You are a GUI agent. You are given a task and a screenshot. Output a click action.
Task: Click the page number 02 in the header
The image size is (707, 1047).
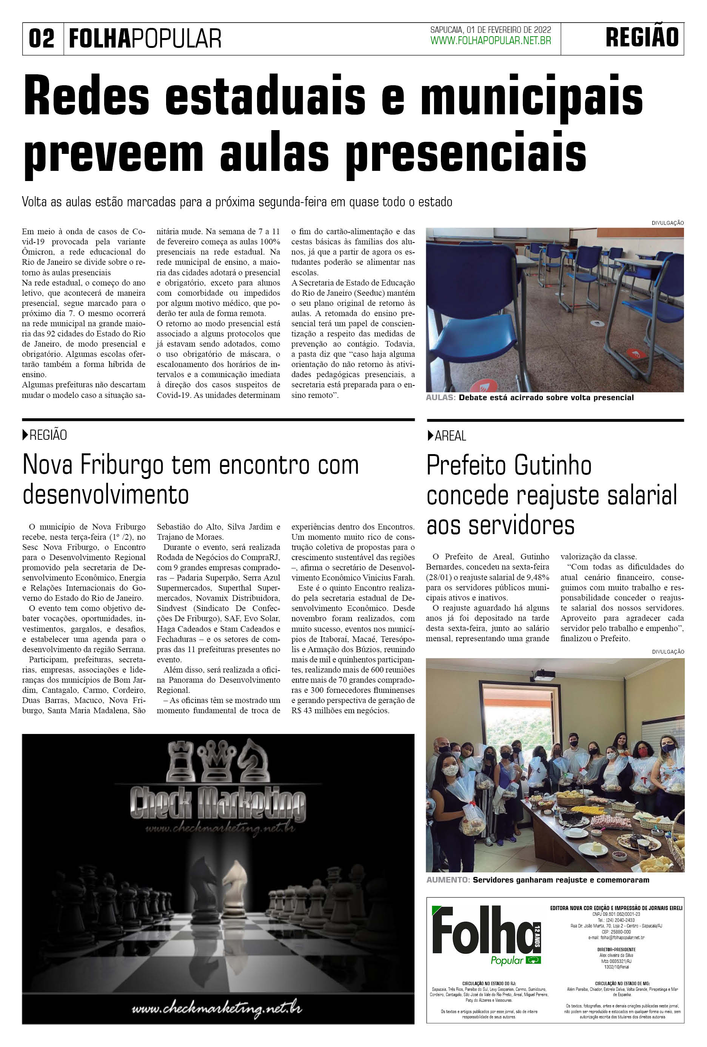point(42,38)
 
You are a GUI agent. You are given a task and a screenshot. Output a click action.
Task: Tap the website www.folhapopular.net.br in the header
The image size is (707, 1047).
point(491,41)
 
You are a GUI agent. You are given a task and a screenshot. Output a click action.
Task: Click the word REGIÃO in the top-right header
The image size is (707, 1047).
point(642,37)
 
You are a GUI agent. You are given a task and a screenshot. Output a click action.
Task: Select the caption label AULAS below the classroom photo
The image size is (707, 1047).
point(441,398)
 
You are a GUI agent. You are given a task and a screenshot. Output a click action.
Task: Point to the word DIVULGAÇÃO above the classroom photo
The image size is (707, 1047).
point(667,223)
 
